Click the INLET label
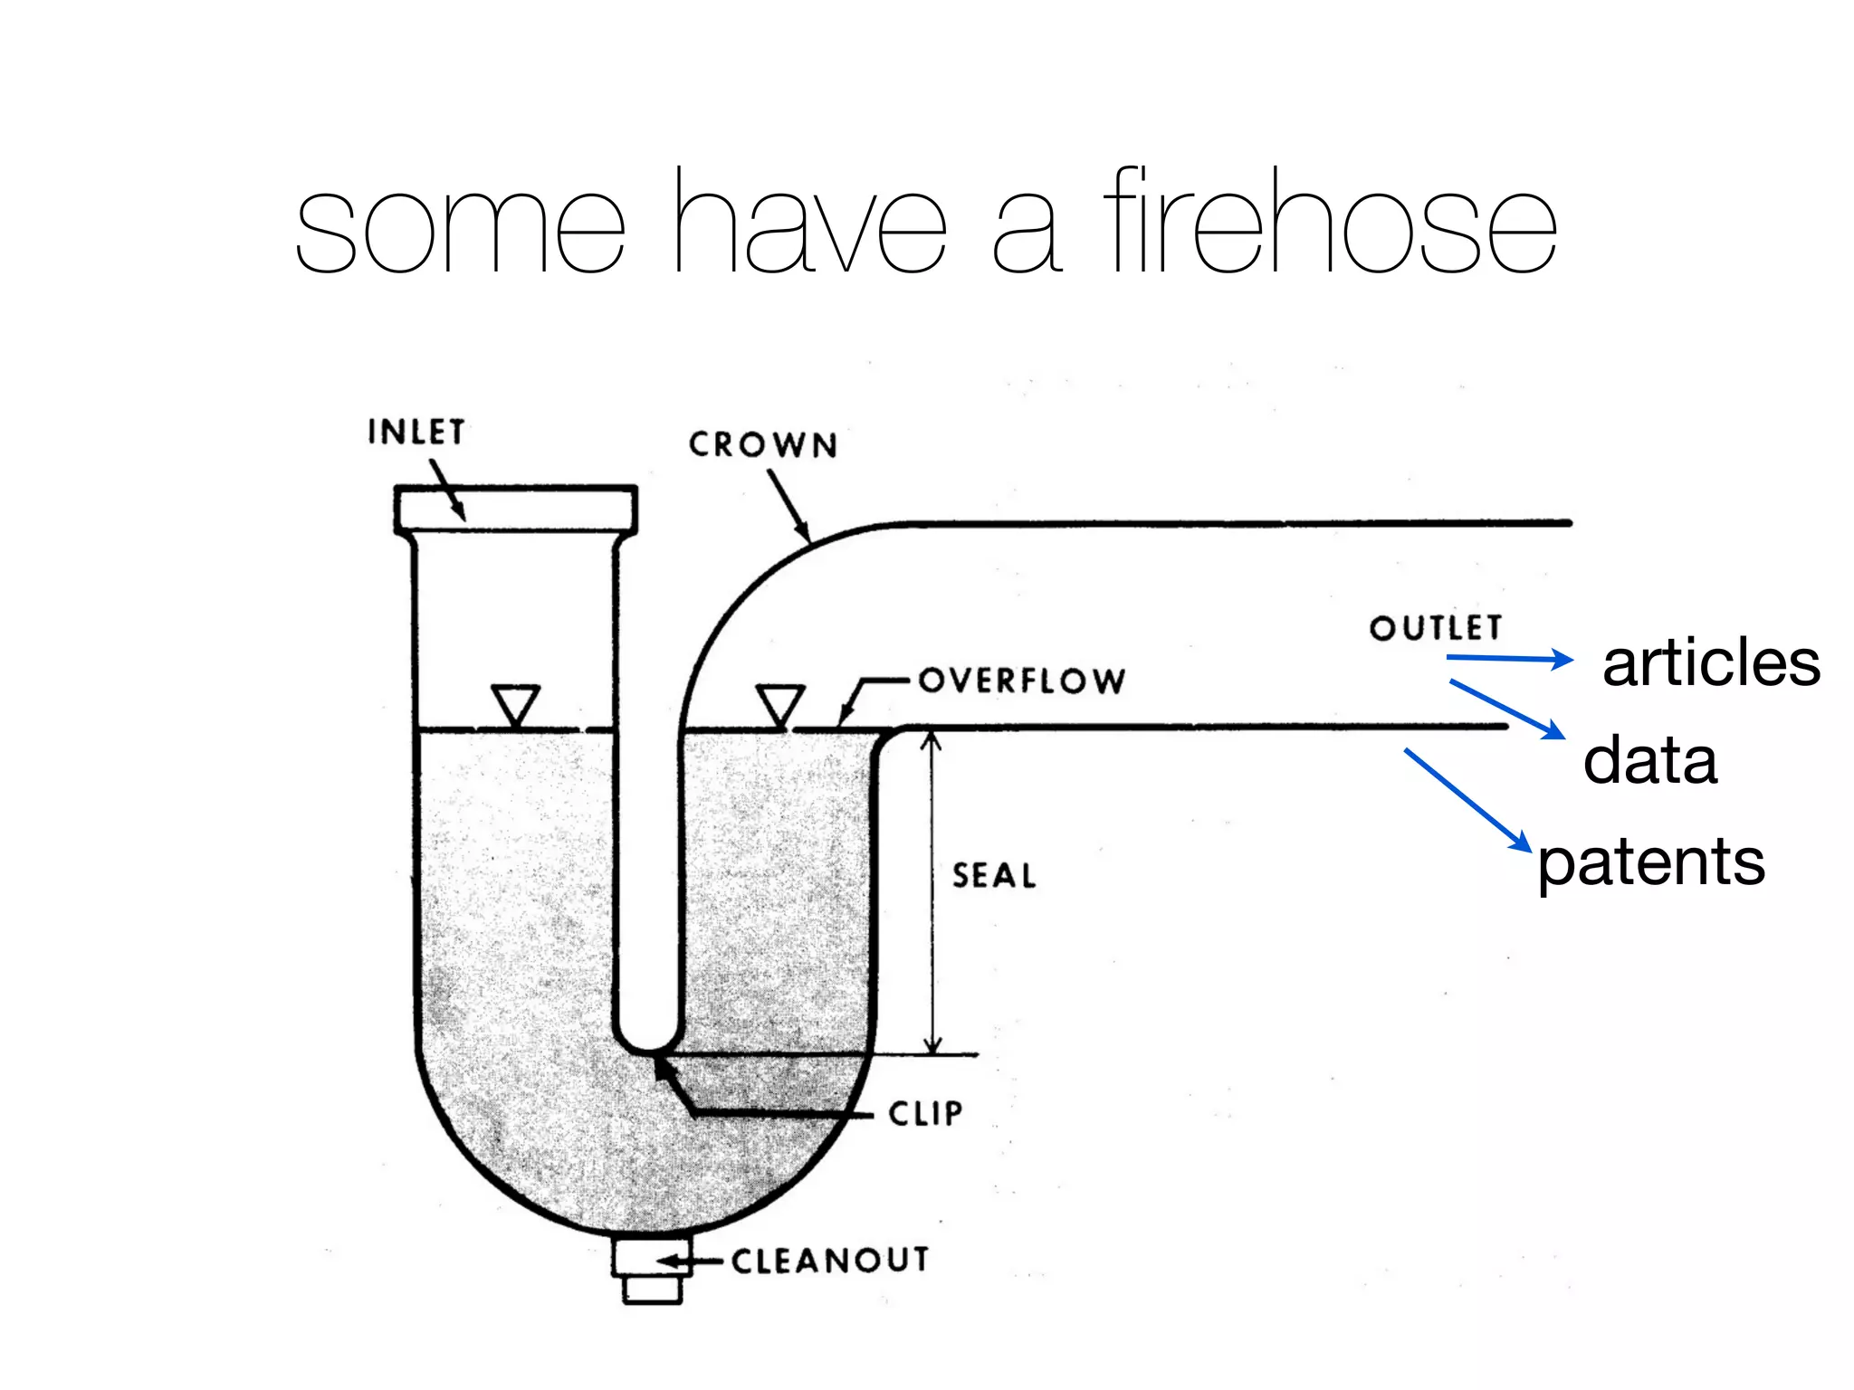(416, 432)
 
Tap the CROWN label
(762, 444)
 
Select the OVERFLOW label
(1022, 681)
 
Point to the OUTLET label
(1436, 627)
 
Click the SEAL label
(994, 875)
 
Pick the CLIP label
(925, 1113)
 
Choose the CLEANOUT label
(830, 1260)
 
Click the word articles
(1710, 662)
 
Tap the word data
(1649, 760)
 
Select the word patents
(1650, 862)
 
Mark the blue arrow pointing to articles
(1510, 659)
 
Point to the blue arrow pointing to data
(1506, 709)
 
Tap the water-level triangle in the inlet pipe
(516, 703)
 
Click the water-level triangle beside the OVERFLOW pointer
(780, 703)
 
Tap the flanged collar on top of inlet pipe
(516, 509)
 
